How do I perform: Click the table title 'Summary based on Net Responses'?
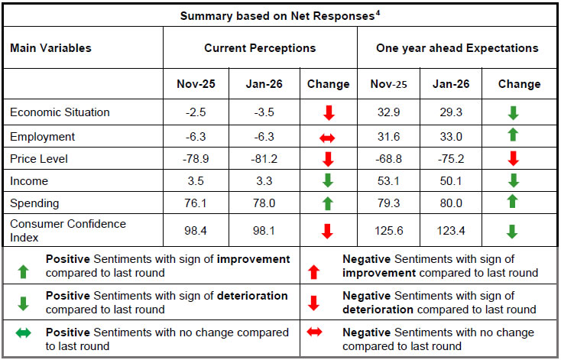pyautogui.click(x=277, y=15)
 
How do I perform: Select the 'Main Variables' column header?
pyautogui.click(x=50, y=48)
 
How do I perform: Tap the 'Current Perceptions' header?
pyautogui.click(x=260, y=48)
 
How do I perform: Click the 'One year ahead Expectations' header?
pyautogui.click(x=457, y=48)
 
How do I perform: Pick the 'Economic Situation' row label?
pyautogui.click(x=60, y=112)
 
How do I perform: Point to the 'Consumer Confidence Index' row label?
pyautogui.click(x=68, y=230)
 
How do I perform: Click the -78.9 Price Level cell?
pyautogui.click(x=195, y=159)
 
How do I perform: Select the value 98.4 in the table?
pyautogui.click(x=195, y=230)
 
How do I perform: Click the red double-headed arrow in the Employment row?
pyautogui.click(x=329, y=137)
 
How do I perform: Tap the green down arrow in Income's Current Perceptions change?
pyautogui.click(x=329, y=182)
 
